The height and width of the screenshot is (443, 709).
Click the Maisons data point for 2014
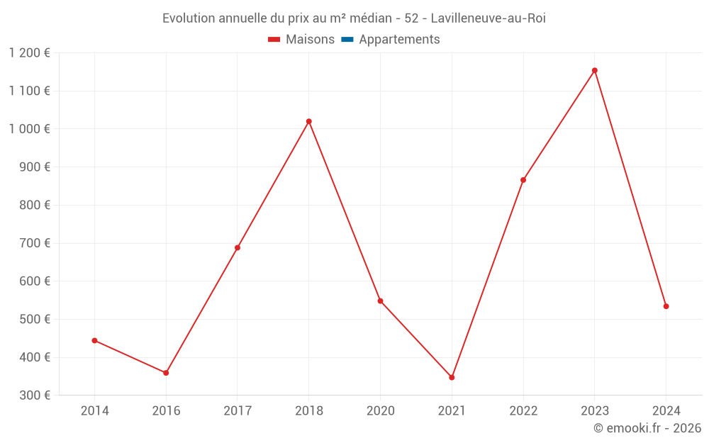[94, 340]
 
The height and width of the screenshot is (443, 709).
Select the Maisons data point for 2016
[166, 373]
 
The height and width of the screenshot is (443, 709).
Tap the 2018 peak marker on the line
[309, 121]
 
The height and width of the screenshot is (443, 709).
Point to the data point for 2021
[452, 377]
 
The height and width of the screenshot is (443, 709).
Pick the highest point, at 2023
[595, 70]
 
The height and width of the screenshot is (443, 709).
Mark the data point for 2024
[666, 306]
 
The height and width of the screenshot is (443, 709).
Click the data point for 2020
[381, 301]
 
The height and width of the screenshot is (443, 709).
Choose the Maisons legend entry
[301, 40]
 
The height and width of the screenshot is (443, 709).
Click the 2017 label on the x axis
[238, 410]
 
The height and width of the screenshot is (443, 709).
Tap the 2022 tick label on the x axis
[523, 410]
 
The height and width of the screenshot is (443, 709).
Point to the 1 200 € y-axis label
[29, 53]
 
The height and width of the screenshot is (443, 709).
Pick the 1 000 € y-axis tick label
[29, 129]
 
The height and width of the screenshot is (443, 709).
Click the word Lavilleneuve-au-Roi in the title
[489, 18]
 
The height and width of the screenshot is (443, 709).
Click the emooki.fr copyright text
[647, 428]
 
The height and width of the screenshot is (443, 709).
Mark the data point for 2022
[523, 180]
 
